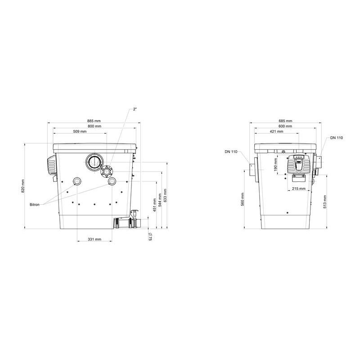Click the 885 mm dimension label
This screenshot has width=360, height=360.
point(94,121)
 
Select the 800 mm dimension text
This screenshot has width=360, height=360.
point(94,126)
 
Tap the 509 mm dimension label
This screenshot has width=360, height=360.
point(80,131)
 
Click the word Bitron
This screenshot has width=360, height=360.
point(35,204)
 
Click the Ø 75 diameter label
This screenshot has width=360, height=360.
point(150,237)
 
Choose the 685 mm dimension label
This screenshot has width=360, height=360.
point(285,121)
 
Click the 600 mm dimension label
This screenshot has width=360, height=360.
point(285,126)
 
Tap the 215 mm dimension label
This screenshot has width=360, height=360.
point(299,188)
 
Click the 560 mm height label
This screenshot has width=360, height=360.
point(243,199)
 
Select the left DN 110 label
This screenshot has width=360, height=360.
point(231,151)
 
